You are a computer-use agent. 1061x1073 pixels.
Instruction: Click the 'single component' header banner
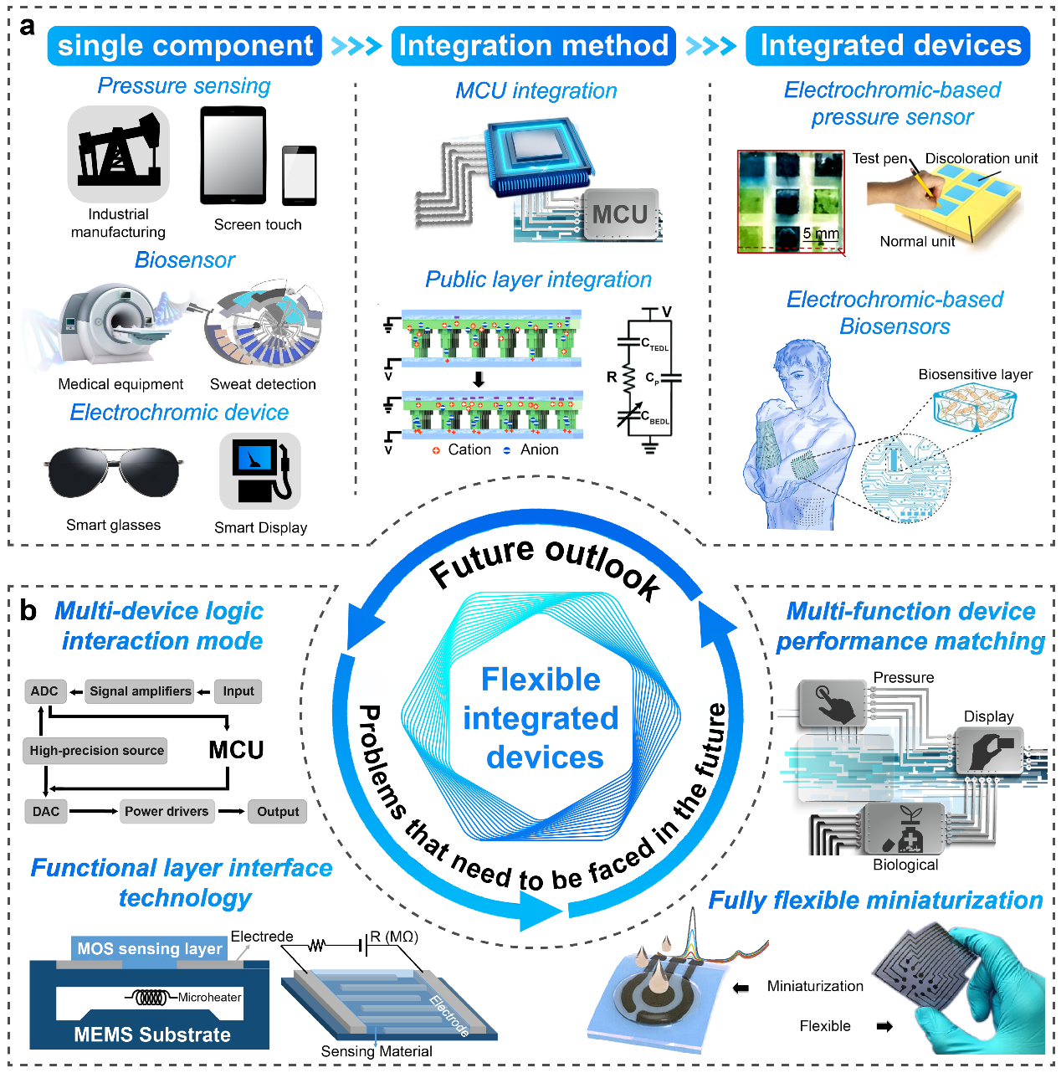click(x=185, y=46)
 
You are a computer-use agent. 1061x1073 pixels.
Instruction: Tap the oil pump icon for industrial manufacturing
click(x=119, y=153)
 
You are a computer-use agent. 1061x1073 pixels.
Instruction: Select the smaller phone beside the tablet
click(x=299, y=175)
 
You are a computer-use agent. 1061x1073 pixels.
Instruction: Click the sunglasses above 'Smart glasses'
click(x=115, y=471)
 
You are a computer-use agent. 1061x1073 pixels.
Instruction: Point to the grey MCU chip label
click(x=620, y=215)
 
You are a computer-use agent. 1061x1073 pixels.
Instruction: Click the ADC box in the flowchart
click(x=44, y=691)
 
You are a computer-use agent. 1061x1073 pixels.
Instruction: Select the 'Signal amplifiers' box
click(x=141, y=691)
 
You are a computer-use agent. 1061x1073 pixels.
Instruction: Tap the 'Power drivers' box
click(x=167, y=811)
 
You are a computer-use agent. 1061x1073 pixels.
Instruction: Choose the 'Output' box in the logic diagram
click(x=278, y=811)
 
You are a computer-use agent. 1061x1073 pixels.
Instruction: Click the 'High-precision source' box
click(x=96, y=751)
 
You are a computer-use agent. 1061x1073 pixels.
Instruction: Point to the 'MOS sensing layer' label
click(x=150, y=948)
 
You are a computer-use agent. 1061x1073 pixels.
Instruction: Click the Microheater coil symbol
click(x=151, y=997)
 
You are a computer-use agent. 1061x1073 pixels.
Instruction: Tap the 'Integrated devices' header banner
click(x=889, y=46)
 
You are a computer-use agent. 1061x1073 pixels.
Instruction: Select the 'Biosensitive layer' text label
click(x=975, y=374)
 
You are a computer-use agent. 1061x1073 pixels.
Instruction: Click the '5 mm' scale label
click(x=820, y=234)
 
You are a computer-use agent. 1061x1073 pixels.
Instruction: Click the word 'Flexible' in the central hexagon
click(x=541, y=680)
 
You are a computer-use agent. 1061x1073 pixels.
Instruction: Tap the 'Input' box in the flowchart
click(x=238, y=691)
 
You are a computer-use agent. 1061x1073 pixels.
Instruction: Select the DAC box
click(x=46, y=811)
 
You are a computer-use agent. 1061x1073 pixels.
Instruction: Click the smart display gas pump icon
click(x=259, y=471)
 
